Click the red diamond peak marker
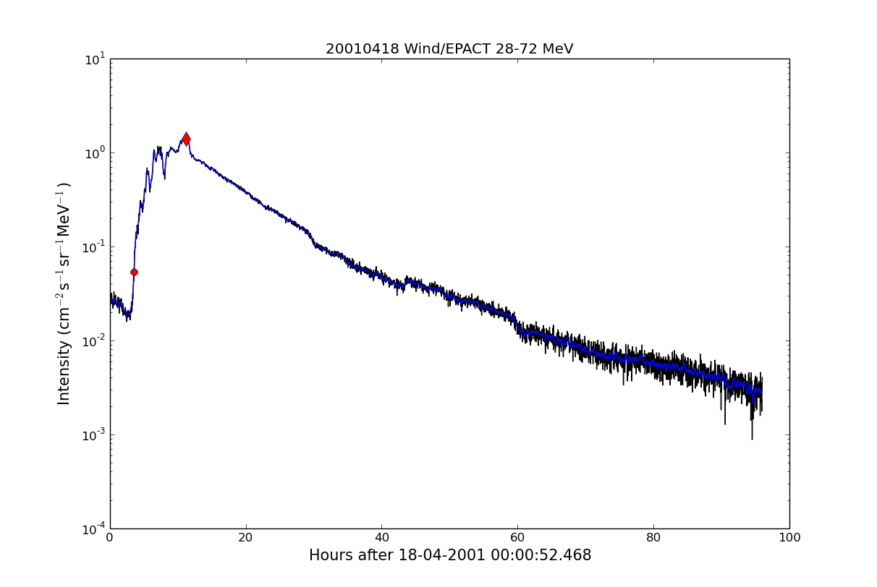(x=186, y=139)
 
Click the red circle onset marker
(x=134, y=272)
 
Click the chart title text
(x=449, y=49)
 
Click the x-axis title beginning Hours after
(x=449, y=555)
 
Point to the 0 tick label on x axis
(x=110, y=538)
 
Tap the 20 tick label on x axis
(x=246, y=538)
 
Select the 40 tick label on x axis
(x=382, y=538)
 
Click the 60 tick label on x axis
(x=517, y=538)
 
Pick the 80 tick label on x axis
(x=653, y=538)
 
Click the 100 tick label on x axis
(x=789, y=538)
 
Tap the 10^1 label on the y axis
(x=93, y=59)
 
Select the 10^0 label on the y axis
(x=93, y=153)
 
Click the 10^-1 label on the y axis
(x=92, y=247)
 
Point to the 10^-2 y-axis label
(x=92, y=340)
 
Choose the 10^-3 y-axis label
(x=92, y=434)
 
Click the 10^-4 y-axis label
(x=92, y=528)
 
